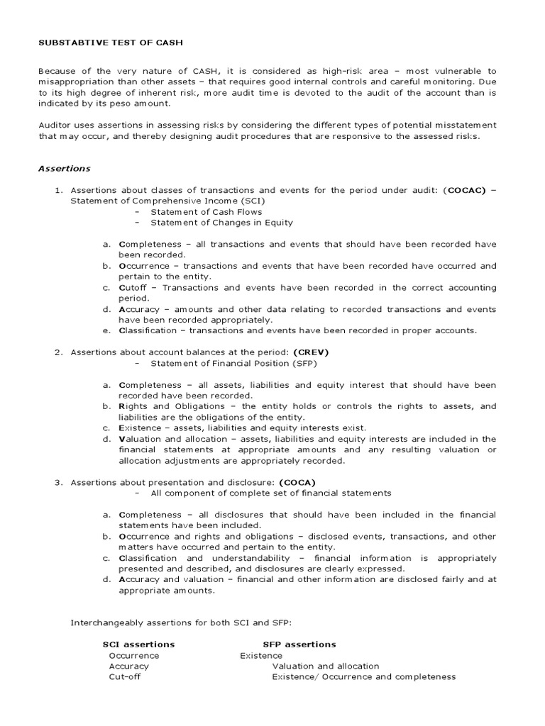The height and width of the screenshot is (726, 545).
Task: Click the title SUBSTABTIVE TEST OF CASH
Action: pyautogui.click(x=110, y=43)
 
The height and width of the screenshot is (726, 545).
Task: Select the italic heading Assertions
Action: pyautogui.click(x=64, y=169)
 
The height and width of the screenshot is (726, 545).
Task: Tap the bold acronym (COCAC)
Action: pyautogui.click(x=464, y=191)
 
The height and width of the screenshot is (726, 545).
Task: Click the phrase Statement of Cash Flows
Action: pyautogui.click(x=206, y=211)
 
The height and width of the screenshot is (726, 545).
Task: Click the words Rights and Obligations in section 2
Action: pyautogui.click(x=160, y=406)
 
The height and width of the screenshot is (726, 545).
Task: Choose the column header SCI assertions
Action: pyautogui.click(x=138, y=644)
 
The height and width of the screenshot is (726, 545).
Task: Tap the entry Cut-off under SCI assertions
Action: pyautogui.click(x=124, y=677)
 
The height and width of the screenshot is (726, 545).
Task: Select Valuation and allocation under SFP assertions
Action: pyautogui.click(x=326, y=666)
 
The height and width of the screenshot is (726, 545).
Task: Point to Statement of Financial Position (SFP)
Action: pyautogui.click(x=233, y=363)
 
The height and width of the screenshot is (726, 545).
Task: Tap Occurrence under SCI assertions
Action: pyautogui.click(x=134, y=656)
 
